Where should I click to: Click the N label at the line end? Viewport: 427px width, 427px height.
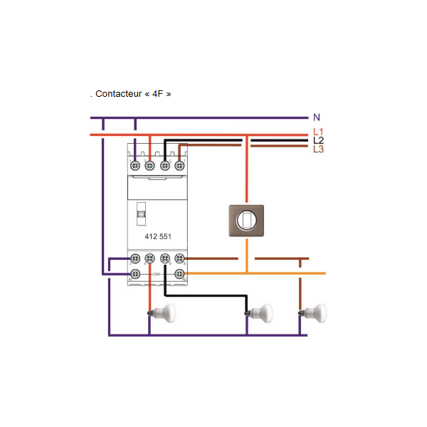click(x=317, y=117)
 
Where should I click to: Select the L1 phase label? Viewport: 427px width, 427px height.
click(x=318, y=132)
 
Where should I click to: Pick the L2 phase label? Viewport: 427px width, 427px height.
click(x=318, y=141)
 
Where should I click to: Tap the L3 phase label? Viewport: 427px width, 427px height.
click(x=318, y=149)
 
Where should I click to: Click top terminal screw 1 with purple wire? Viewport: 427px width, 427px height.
click(x=135, y=166)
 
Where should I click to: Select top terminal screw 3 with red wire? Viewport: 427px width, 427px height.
click(x=150, y=166)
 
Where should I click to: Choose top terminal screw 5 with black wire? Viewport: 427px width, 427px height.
click(x=165, y=166)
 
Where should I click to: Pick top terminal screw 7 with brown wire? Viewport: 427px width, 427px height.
click(x=179, y=166)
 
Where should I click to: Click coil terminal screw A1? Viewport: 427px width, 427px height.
click(x=135, y=273)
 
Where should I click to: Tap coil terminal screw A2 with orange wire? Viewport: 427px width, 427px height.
click(x=179, y=273)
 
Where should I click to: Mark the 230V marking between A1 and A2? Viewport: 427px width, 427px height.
click(x=157, y=273)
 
